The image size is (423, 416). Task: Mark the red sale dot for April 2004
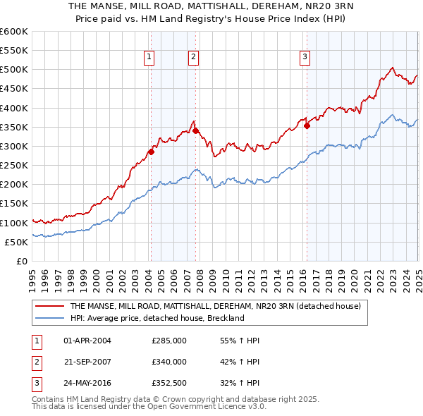151,152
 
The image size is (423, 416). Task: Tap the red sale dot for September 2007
195,130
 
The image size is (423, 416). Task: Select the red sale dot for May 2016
307,126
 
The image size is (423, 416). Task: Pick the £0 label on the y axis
22,261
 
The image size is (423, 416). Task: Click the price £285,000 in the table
168,341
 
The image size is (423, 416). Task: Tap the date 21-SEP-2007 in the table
87,362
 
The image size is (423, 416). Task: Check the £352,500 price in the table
168,384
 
